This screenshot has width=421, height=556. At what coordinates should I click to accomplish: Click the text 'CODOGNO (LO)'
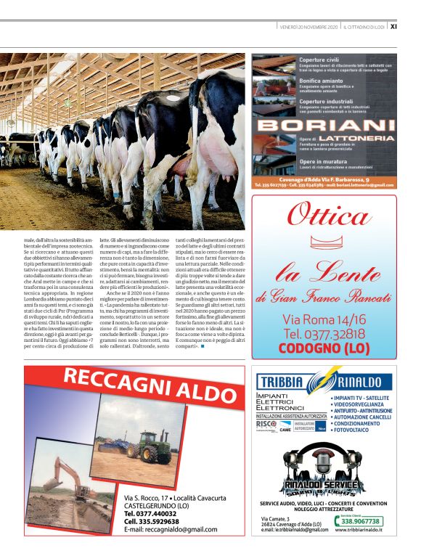(324, 348)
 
